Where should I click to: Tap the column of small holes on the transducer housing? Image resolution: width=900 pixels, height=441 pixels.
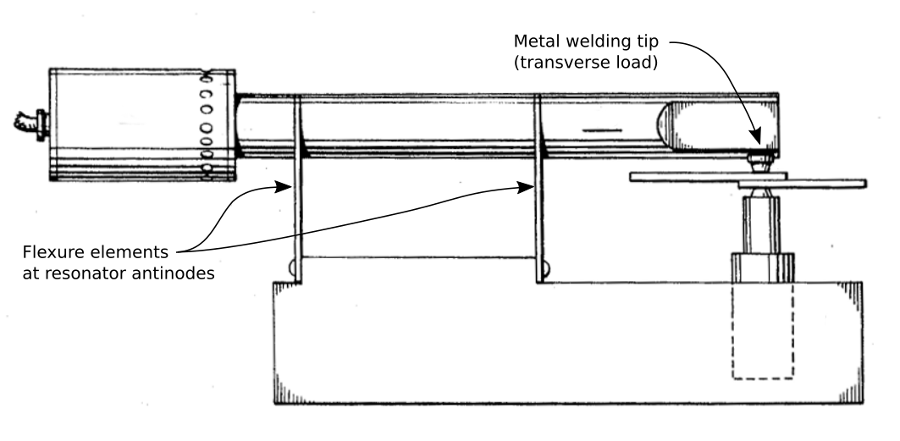tap(207, 125)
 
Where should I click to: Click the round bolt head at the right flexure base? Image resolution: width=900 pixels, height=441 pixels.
tap(545, 269)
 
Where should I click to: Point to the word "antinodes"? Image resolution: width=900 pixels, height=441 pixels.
tap(180, 272)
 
